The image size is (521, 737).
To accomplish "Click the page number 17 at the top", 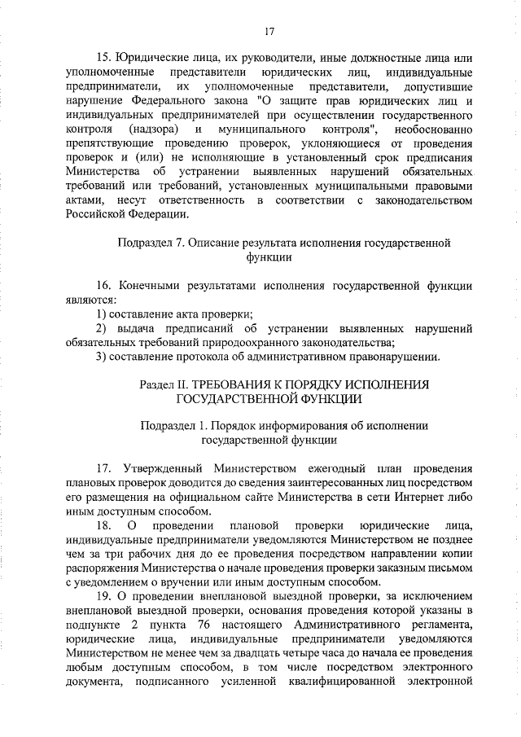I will [269, 32].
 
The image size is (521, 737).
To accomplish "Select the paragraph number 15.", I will [103, 59].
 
